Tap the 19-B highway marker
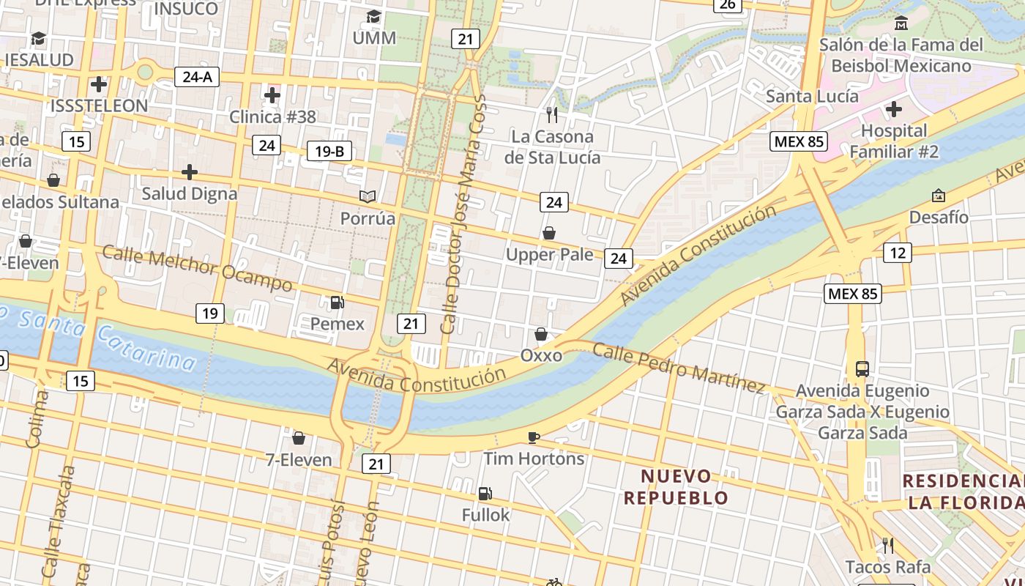pyautogui.click(x=329, y=152)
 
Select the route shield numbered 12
pyautogui.click(x=898, y=253)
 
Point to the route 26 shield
pyautogui.click(x=727, y=4)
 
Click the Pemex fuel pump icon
pyautogui.click(x=337, y=303)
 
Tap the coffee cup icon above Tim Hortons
pyautogui.click(x=534, y=437)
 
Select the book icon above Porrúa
pyautogui.click(x=368, y=196)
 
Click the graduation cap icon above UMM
pyautogui.click(x=374, y=16)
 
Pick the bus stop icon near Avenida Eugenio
pyautogui.click(x=862, y=368)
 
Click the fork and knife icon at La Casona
pyautogui.click(x=552, y=115)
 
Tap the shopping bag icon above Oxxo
pyautogui.click(x=541, y=335)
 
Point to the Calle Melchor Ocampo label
pyautogui.click(x=197, y=269)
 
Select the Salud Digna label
pyautogui.click(x=190, y=193)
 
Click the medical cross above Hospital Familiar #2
pyautogui.click(x=893, y=110)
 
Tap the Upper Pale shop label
pyautogui.click(x=549, y=254)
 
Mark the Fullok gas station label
pyautogui.click(x=485, y=515)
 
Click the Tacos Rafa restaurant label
pyautogui.click(x=887, y=567)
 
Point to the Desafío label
pyautogui.click(x=938, y=218)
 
